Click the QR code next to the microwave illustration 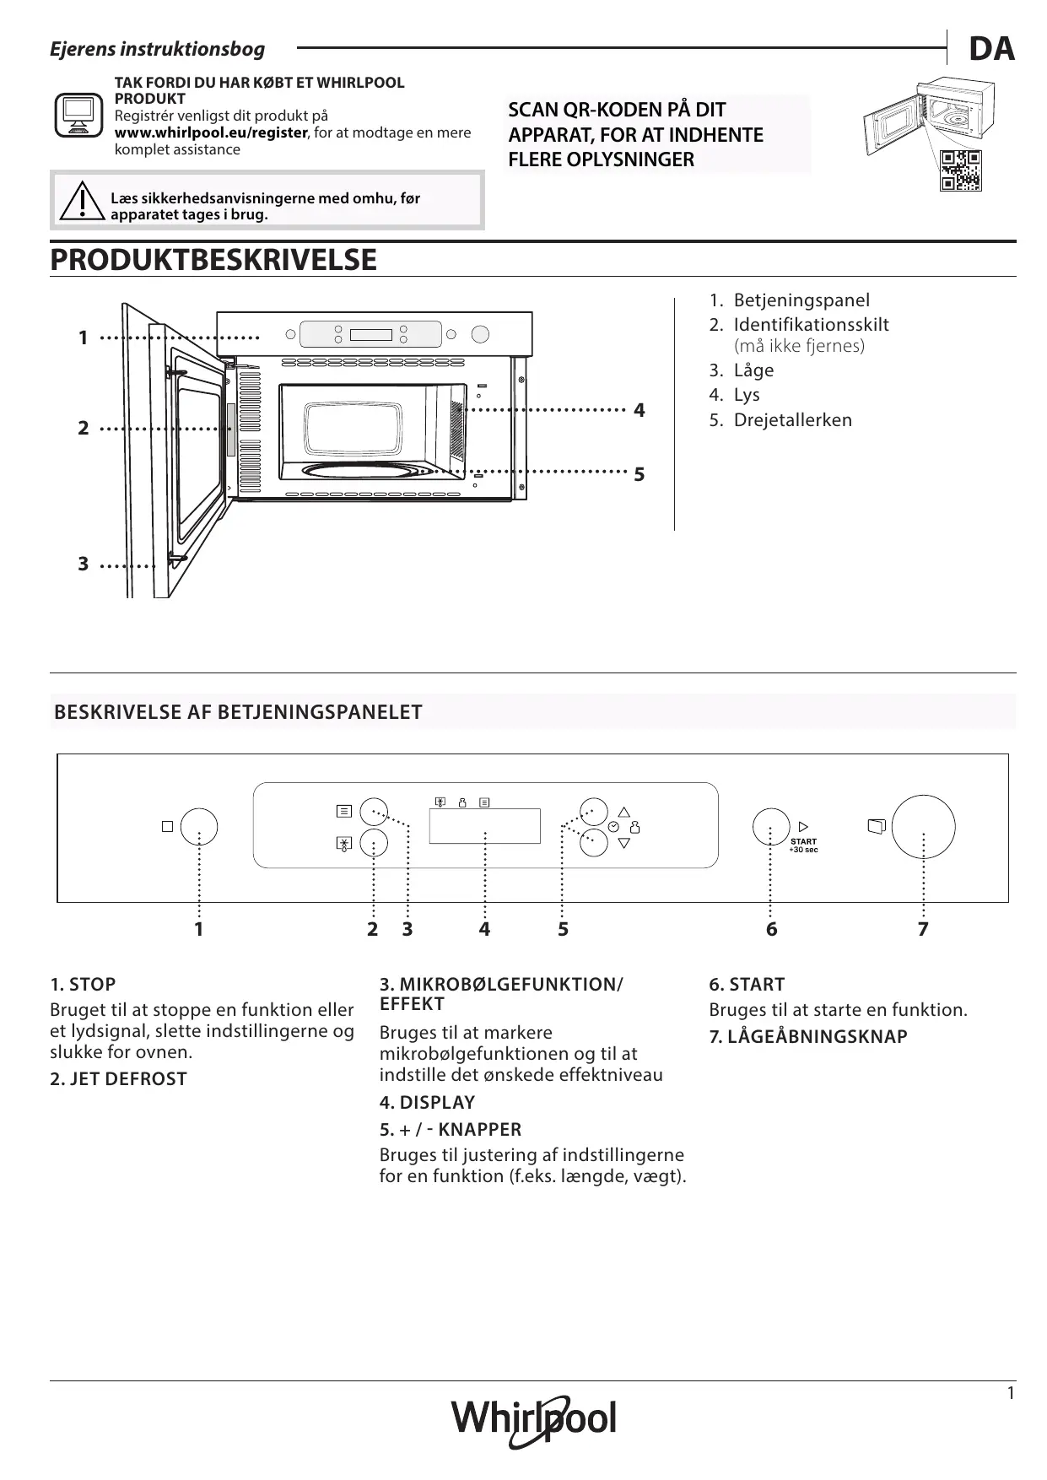[961, 170]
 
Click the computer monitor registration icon [78, 115]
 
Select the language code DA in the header [991, 50]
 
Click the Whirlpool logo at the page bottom [533, 1420]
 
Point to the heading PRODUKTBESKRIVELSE [213, 260]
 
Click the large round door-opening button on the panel [923, 827]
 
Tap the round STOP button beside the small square [199, 827]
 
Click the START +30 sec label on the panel [803, 845]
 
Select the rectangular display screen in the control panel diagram [484, 826]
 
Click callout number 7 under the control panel [923, 930]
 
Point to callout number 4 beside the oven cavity [640, 411]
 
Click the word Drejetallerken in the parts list [792, 420]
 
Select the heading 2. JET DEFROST [118, 1079]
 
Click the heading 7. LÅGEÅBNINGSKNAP [807, 1037]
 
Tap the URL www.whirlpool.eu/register [211, 133]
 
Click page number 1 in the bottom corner [1011, 1393]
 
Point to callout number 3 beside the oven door [83, 564]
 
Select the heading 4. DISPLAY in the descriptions [427, 1103]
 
